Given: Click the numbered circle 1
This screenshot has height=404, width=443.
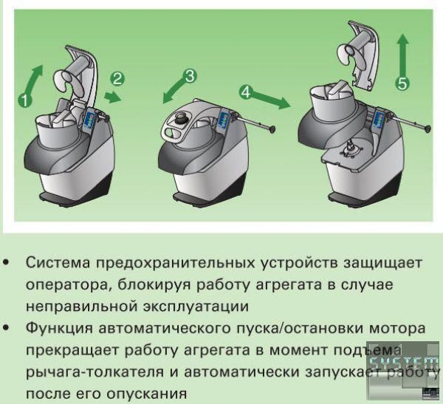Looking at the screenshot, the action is [25, 101].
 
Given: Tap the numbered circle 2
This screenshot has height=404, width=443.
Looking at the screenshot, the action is [117, 79].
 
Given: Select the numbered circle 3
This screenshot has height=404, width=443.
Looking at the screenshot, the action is [190, 76].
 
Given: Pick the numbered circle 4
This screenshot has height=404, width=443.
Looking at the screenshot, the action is [246, 92].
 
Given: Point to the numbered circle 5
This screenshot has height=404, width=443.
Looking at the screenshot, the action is [402, 83].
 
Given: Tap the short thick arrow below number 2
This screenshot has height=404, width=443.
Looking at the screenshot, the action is [114, 97].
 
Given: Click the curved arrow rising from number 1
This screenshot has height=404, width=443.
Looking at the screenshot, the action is [33, 79].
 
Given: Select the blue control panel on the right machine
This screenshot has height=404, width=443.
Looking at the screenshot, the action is [380, 120].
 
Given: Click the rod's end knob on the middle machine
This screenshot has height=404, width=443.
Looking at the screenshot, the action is [272, 130].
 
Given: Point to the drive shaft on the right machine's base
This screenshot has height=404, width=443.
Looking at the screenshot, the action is [350, 148].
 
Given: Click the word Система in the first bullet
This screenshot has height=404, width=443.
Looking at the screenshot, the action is [58, 263].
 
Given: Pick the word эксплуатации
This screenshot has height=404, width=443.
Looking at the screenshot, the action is [196, 307].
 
